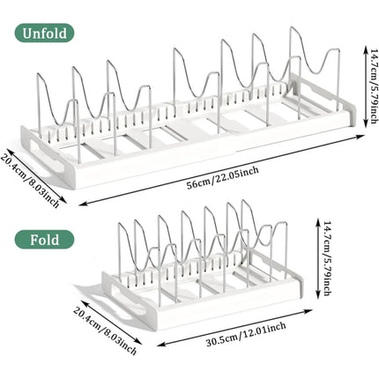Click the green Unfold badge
44,33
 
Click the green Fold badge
44,240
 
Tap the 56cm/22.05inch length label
223,177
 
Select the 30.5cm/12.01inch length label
246,334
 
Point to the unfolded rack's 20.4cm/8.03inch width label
30,180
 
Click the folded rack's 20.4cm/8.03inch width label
105,329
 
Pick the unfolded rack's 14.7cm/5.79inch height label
374,85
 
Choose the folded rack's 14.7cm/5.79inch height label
328,258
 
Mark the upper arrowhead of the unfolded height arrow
365,48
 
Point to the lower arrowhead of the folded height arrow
318,296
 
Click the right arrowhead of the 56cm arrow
361,137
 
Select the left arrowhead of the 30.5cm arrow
160,344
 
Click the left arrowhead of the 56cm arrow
83,204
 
